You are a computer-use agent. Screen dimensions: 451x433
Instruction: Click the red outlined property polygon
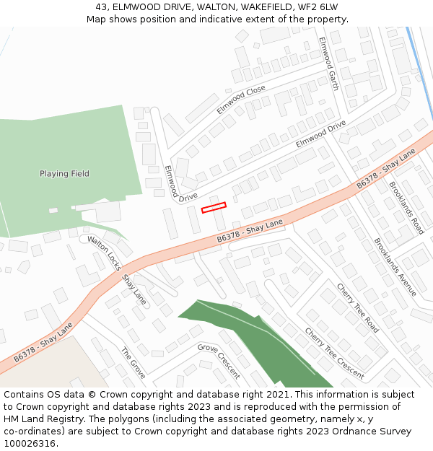214,207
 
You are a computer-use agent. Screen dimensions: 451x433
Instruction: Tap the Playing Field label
64,174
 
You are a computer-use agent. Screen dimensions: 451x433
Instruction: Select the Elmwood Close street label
241,100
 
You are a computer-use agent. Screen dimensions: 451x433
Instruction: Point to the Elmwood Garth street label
328,64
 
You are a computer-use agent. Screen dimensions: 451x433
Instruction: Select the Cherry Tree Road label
357,307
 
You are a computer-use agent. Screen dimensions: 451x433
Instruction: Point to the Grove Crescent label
219,361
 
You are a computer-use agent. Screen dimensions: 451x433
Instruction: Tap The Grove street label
134,364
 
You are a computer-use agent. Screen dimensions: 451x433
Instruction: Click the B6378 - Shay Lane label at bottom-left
43,342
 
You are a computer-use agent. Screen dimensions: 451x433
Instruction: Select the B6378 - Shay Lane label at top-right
387,170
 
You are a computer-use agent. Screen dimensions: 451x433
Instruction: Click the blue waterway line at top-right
419,72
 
